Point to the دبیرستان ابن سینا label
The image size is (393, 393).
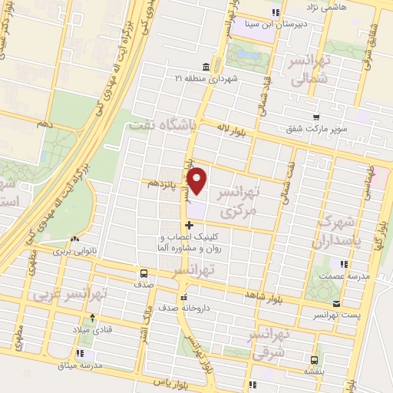276,24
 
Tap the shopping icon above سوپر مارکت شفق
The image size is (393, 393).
315,117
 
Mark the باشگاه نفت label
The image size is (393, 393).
164,124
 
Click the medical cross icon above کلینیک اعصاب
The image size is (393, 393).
189,225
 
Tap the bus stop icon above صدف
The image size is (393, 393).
144,273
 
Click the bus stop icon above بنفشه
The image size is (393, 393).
315,359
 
